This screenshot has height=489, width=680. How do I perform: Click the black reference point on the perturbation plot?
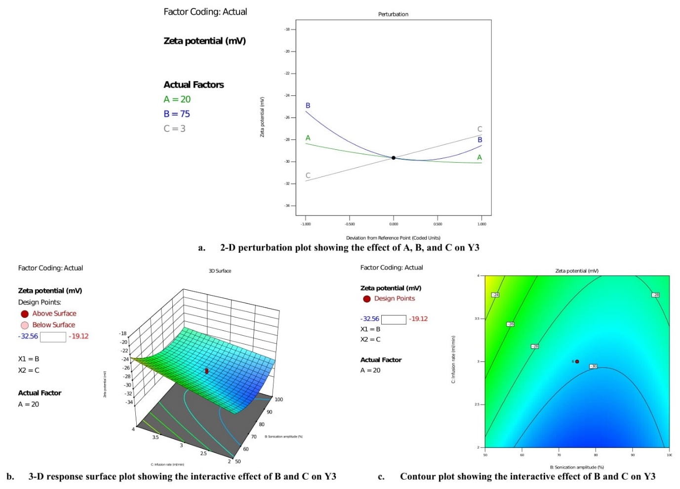pos(394,158)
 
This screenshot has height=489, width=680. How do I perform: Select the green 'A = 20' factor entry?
pos(177,99)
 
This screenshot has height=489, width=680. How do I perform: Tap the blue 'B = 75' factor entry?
pos(177,114)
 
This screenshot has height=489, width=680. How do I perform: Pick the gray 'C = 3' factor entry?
pos(174,129)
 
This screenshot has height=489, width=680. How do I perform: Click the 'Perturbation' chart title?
pos(393,14)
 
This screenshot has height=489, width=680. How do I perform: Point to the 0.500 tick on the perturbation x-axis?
pos(438,224)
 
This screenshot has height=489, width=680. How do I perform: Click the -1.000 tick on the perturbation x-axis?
pos(306,224)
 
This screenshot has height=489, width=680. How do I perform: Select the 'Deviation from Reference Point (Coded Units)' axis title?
pos(393,238)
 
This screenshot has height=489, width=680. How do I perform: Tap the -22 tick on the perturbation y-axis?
pos(287,73)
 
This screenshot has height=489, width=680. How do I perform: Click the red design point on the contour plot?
pos(577,361)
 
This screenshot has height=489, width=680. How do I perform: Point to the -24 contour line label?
pos(495,295)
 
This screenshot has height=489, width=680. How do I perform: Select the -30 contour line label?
pos(594,366)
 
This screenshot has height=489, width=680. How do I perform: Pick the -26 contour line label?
pos(511,324)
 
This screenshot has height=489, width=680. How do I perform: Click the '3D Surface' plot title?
pos(220,271)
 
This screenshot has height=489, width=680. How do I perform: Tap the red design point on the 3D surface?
pos(206,370)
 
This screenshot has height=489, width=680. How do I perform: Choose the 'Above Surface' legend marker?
pos(25,314)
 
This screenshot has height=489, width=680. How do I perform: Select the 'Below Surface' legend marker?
pos(25,325)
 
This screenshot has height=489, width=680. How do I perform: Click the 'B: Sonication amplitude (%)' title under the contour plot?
pos(577,467)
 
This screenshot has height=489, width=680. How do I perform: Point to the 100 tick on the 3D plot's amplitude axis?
pos(279,400)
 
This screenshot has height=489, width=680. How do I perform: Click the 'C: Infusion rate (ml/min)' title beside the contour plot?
pos(453,359)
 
